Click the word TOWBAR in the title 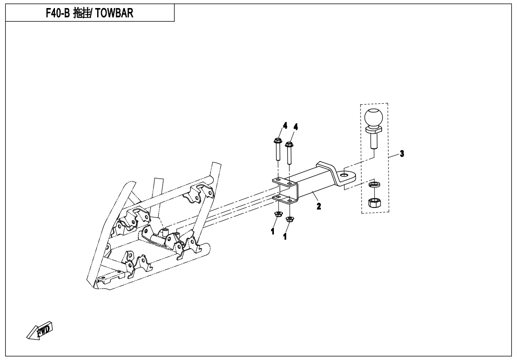tap(115, 13)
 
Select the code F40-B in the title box tap(57, 13)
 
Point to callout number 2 tap(319, 206)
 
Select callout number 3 tap(401, 153)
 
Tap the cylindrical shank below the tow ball tap(374, 141)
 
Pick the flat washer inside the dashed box tap(374, 184)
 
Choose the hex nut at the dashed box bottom tap(374, 203)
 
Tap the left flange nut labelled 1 tap(277, 216)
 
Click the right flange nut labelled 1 tap(290, 219)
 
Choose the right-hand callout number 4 tap(296, 127)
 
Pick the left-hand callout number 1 tap(272, 231)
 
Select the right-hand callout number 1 tap(285, 236)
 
